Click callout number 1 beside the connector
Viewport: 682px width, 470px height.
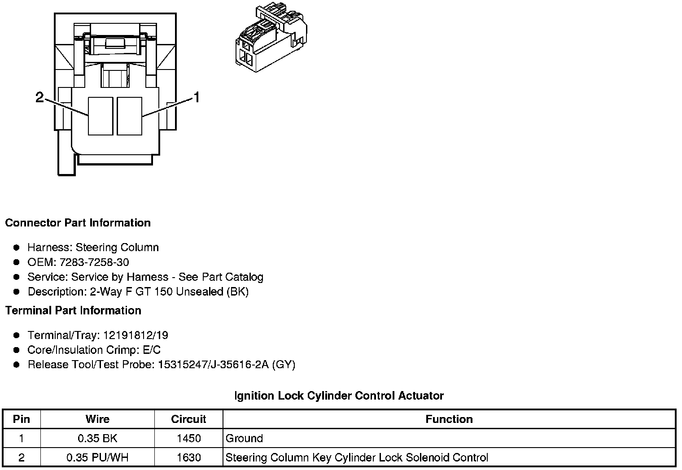pyautogui.click(x=196, y=97)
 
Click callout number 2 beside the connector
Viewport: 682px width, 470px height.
pyautogui.click(x=40, y=97)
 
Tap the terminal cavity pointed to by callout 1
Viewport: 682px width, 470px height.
pyautogui.click(x=129, y=116)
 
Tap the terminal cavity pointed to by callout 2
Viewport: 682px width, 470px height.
pyautogui.click(x=100, y=116)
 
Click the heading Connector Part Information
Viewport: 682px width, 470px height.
pyautogui.click(x=78, y=223)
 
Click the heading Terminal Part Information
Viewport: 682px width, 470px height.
pyautogui.click(x=73, y=310)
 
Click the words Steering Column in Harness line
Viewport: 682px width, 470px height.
pyautogui.click(x=117, y=247)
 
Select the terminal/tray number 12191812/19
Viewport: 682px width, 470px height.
pyautogui.click(x=136, y=335)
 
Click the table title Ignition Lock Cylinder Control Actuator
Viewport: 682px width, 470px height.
pyautogui.click(x=339, y=396)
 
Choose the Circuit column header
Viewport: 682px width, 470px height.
pyautogui.click(x=188, y=419)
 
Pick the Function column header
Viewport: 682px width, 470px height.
pyautogui.click(x=449, y=419)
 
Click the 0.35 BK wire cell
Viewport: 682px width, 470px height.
pyautogui.click(x=97, y=438)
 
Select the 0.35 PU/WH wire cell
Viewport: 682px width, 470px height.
pyautogui.click(x=97, y=457)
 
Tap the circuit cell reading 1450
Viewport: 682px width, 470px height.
pyautogui.click(x=188, y=438)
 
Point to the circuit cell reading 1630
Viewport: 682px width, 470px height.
pyautogui.click(x=188, y=457)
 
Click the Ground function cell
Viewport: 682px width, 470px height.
pyautogui.click(x=245, y=438)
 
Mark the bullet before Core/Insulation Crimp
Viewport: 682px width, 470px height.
pyautogui.click(x=17, y=350)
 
